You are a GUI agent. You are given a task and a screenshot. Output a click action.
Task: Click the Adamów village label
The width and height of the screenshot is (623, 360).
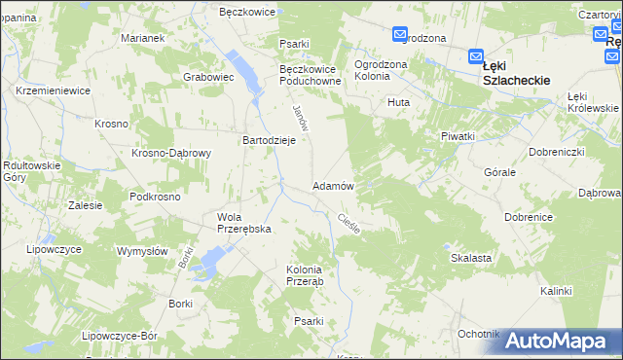332,185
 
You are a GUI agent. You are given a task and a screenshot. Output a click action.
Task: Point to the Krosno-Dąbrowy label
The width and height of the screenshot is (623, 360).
172,154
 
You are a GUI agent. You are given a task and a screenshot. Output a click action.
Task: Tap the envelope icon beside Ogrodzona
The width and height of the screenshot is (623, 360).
400,36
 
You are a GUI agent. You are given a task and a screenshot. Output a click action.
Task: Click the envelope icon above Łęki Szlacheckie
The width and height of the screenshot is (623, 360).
476,56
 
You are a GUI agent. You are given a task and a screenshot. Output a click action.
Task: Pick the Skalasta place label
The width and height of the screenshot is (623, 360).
470,258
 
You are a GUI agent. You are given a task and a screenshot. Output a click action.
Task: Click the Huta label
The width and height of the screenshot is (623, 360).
398,101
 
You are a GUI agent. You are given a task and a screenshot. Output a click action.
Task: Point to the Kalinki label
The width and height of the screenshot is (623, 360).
556,291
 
